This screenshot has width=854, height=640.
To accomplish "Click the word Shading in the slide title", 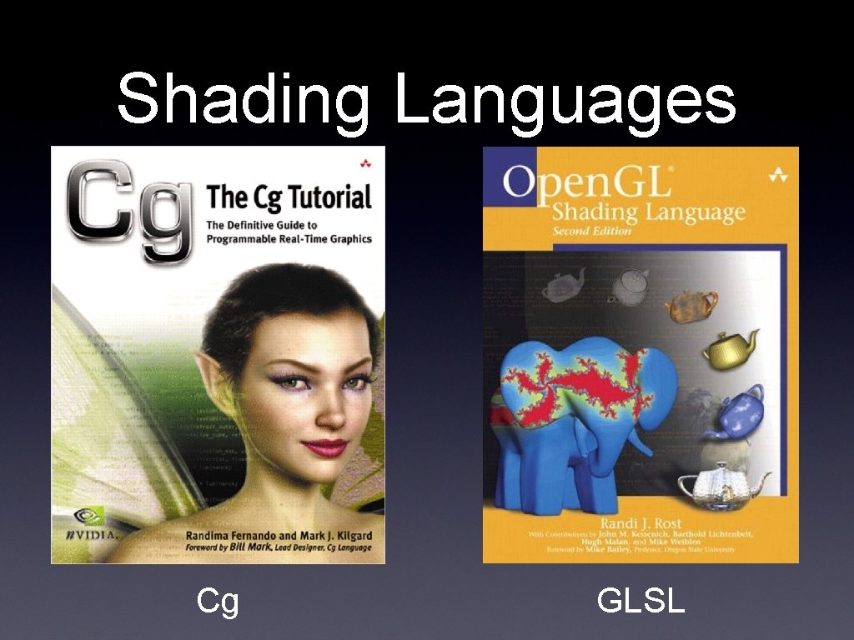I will pyautogui.click(x=243, y=100).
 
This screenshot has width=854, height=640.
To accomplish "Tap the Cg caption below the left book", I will pyautogui.click(x=218, y=601).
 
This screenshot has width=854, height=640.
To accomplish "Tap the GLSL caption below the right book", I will pyautogui.click(x=640, y=601).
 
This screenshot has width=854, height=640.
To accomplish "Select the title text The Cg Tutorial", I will pyautogui.click(x=289, y=198).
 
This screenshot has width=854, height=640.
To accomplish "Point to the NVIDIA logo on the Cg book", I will pyautogui.click(x=92, y=524).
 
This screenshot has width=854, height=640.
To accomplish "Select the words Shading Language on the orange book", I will pyautogui.click(x=647, y=212).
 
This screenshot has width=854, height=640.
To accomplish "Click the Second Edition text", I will pyautogui.click(x=591, y=231).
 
